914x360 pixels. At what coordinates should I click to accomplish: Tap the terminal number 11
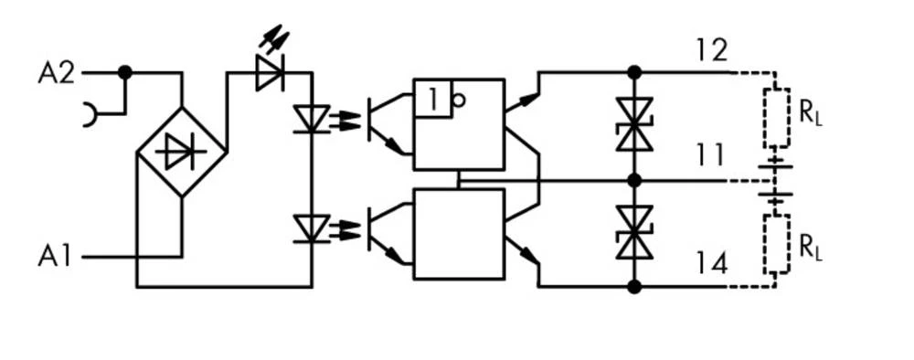click(709, 156)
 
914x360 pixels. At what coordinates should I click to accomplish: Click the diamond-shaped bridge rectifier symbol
click(181, 152)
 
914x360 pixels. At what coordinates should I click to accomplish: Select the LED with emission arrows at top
click(271, 73)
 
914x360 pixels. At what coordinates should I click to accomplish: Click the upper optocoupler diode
click(311, 120)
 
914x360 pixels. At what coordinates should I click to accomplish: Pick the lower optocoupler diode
click(311, 228)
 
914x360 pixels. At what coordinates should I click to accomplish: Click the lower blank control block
click(459, 234)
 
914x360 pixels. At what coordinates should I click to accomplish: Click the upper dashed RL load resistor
click(777, 118)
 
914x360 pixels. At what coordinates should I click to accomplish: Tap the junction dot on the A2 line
click(125, 72)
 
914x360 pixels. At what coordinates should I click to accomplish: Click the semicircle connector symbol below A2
click(90, 115)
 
